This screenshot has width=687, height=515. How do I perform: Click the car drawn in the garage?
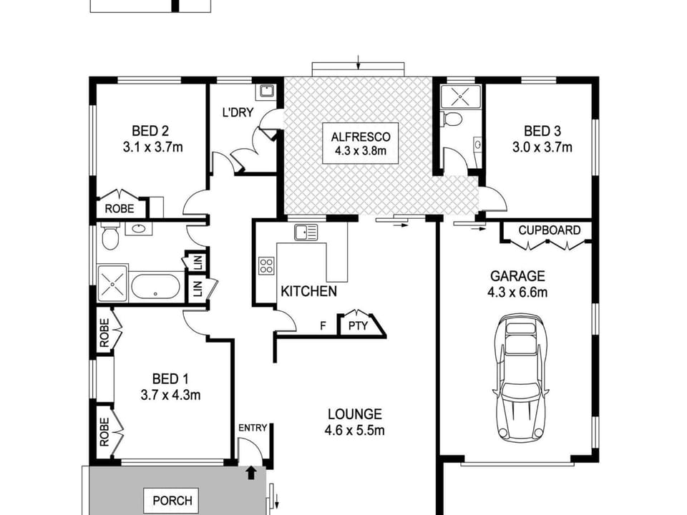[521, 378]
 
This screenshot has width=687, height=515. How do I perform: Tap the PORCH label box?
[172, 500]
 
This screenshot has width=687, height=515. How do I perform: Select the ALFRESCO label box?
[360, 144]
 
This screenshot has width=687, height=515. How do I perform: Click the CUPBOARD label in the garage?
[549, 230]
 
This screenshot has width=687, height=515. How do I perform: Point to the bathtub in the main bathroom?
[155, 287]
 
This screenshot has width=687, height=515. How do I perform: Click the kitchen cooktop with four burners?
[266, 265]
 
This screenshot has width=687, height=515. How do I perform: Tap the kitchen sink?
[306, 232]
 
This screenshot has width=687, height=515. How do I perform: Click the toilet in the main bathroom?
[109, 235]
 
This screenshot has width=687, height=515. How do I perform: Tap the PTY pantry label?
[358, 326]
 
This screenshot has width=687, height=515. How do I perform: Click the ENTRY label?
[253, 428]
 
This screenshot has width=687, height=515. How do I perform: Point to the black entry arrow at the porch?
[251, 473]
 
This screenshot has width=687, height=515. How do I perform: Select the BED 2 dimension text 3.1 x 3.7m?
[152, 147]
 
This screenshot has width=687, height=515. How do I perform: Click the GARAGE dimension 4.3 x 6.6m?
[517, 292]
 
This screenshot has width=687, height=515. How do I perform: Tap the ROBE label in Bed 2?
[120, 208]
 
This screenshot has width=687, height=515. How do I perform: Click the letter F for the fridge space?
[323, 326]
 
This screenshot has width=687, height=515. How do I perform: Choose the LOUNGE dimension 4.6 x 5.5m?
[354, 431]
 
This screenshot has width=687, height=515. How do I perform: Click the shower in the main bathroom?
[112, 284]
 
